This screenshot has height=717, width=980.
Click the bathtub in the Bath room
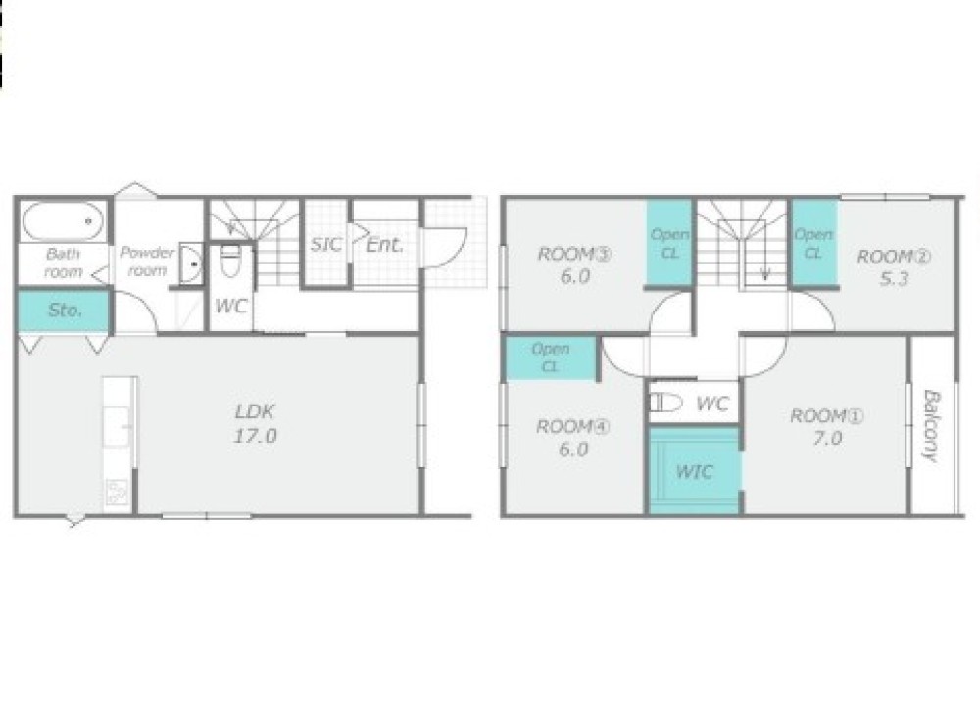(63, 221)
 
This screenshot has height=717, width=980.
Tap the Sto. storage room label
(65, 310)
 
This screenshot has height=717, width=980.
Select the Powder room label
(147, 262)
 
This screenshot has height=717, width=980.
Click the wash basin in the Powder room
(191, 263)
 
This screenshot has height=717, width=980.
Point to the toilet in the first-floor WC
(230, 261)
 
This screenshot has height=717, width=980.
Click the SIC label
(326, 244)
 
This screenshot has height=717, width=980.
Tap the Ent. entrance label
(384, 245)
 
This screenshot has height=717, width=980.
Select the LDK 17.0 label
(256, 423)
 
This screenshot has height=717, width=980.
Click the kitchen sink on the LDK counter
(117, 427)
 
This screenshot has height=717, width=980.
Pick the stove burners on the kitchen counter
(117, 492)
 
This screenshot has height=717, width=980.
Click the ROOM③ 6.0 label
(574, 264)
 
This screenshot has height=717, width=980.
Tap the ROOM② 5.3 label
(894, 267)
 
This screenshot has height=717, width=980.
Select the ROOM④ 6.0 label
(572, 438)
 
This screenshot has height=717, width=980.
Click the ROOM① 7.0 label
(827, 427)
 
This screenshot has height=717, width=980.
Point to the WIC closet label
(694, 471)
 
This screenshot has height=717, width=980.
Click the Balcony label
(931, 426)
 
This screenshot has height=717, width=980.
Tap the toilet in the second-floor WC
(665, 403)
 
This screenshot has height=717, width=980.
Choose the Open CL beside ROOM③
(669, 244)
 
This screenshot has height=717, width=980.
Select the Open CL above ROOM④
(550, 358)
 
